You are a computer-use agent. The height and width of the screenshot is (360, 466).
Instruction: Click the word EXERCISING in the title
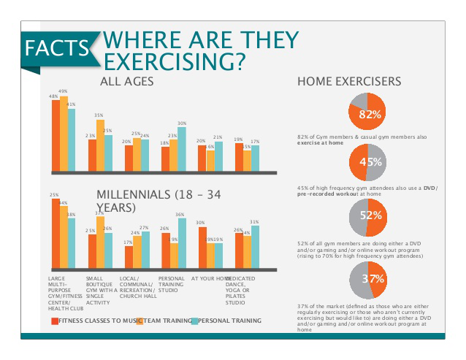click(175, 61)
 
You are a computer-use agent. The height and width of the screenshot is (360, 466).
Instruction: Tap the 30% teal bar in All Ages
click(182, 149)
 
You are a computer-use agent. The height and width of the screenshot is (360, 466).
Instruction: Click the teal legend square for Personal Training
click(194, 321)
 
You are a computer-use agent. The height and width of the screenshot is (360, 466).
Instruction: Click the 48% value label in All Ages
click(53, 96)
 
